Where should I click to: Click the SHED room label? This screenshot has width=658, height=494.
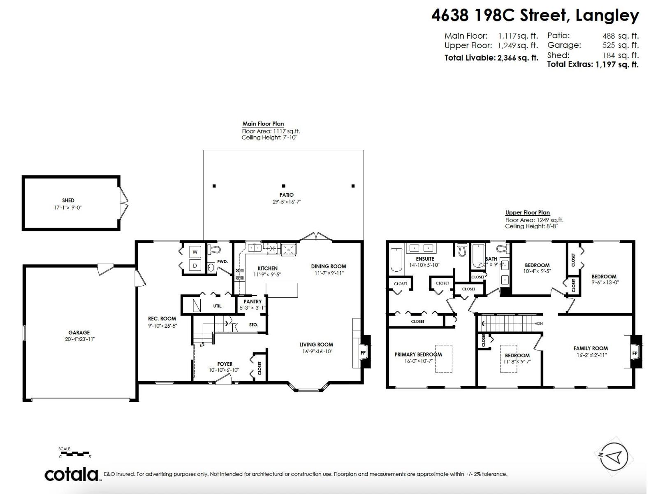click(x=68, y=200)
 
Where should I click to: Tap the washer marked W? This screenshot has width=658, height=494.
click(x=195, y=252)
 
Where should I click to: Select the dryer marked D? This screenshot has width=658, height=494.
click(x=195, y=266)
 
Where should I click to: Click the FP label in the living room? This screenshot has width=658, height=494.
click(x=363, y=353)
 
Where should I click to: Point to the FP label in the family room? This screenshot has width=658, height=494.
click(x=635, y=354)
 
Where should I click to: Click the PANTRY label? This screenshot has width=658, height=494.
click(x=253, y=301)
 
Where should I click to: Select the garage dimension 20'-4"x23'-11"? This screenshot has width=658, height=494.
click(x=79, y=339)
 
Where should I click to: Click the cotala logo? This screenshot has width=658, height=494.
click(x=72, y=474)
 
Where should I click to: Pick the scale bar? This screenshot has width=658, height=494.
click(x=74, y=453)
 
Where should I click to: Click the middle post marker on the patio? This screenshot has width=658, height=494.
click(x=283, y=186)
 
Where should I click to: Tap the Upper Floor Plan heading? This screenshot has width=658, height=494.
click(x=527, y=212)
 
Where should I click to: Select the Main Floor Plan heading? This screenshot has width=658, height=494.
click(x=263, y=123)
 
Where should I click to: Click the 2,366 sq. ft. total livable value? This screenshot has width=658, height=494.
click(x=517, y=58)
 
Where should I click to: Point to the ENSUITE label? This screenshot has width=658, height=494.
click(x=425, y=259)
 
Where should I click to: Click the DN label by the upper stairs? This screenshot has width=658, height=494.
click(x=540, y=324)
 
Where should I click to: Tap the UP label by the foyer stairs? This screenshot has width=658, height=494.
click(x=202, y=346)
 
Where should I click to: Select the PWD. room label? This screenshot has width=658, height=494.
click(x=222, y=261)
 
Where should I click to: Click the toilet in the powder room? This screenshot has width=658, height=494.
click(x=213, y=249)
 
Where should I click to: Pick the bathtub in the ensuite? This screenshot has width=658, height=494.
click(x=396, y=259)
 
